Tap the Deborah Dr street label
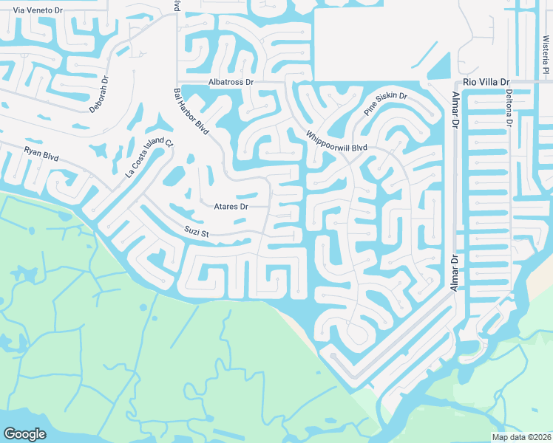point(98,95)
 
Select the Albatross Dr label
point(230,82)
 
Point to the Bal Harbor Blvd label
point(191,111)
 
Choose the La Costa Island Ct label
point(148,159)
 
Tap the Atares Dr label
point(230,207)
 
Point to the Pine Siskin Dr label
point(385,105)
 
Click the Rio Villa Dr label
point(486,82)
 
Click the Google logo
point(25,434)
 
